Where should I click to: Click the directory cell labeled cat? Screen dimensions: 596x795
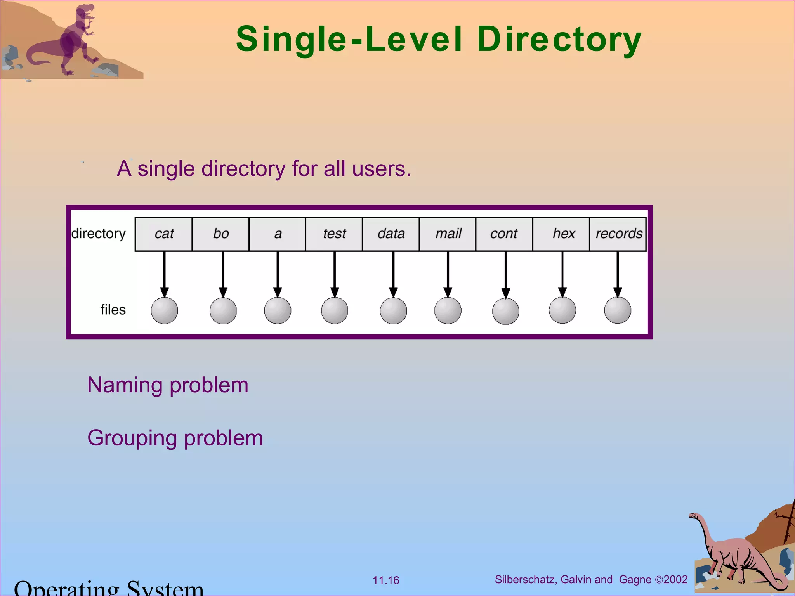pyautogui.click(x=163, y=234)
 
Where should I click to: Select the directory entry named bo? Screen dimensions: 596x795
pyautogui.click(x=220, y=234)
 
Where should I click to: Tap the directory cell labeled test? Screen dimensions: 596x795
pyautogui.click(x=334, y=234)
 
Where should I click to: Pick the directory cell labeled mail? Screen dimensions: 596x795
pyautogui.click(x=448, y=234)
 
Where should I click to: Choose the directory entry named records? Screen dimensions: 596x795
pyautogui.click(x=618, y=234)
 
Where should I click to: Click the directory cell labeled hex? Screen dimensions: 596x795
pyautogui.click(x=561, y=234)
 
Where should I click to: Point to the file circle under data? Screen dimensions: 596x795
pyautogui.click(x=393, y=310)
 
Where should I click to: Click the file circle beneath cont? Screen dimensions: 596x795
pyautogui.click(x=505, y=311)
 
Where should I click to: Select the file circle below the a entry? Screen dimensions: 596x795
pyautogui.click(x=278, y=310)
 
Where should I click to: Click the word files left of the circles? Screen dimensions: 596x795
pyautogui.click(x=113, y=310)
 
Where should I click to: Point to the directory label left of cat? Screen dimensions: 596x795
pyautogui.click(x=99, y=234)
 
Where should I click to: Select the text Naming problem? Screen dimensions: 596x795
pyautogui.click(x=168, y=385)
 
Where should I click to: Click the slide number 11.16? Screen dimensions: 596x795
pyautogui.click(x=385, y=580)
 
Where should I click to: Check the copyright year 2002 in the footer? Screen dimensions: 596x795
pyautogui.click(x=675, y=579)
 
